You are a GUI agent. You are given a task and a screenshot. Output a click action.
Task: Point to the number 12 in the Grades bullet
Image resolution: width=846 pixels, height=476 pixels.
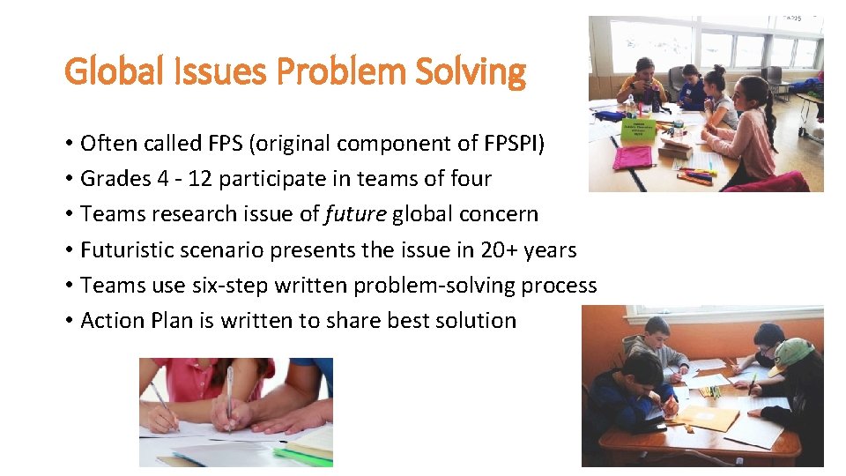click(199, 178)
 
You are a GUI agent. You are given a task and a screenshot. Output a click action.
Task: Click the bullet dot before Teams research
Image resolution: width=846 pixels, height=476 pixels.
click(68, 214)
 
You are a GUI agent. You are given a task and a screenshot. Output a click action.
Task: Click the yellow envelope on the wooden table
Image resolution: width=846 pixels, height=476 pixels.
click(709, 417)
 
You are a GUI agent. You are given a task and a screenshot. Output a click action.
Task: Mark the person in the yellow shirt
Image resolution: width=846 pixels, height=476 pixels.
click(642, 86)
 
